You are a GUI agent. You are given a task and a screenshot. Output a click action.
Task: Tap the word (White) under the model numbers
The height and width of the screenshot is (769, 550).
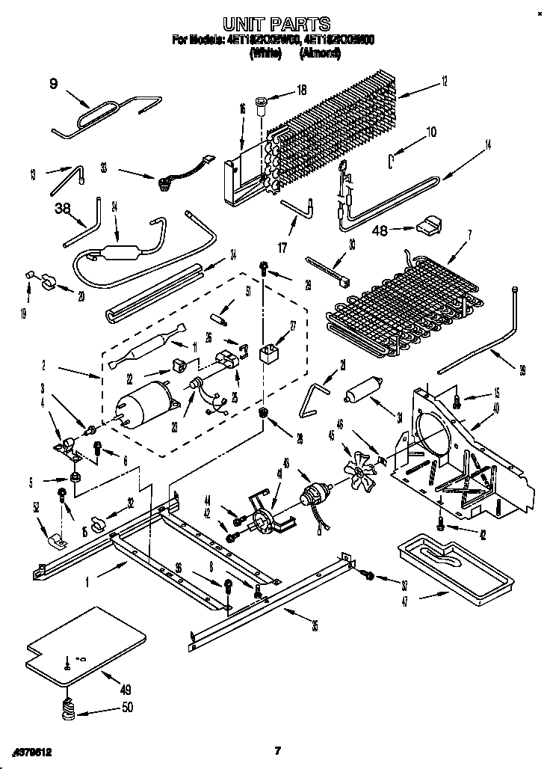pos(266,53)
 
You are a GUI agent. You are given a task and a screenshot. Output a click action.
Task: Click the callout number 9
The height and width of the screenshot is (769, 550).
pos(53,84)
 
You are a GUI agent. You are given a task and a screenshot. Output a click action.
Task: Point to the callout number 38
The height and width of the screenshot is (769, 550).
pos(62,210)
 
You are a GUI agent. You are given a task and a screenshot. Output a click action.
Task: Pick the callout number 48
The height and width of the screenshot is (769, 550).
pos(381,230)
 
